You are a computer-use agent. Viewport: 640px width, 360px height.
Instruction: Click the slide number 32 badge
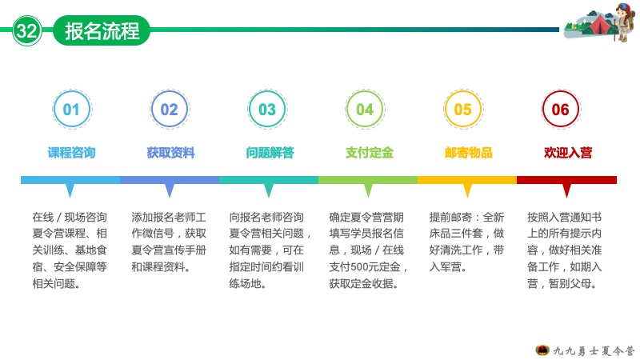[27, 30]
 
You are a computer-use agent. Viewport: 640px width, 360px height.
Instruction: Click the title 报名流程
[102, 30]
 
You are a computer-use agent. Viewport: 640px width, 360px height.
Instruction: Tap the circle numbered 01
[72, 110]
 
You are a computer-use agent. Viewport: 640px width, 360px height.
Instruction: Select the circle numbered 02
[170, 110]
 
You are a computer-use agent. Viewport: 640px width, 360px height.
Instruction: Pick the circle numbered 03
[267, 110]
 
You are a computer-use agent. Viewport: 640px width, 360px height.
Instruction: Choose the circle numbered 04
[365, 110]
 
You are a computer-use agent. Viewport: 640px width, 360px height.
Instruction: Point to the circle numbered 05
[463, 110]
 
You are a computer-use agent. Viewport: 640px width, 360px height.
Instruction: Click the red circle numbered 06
[561, 110]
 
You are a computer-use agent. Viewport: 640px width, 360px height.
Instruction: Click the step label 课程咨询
[72, 153]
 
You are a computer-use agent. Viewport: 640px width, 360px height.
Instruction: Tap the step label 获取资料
[171, 153]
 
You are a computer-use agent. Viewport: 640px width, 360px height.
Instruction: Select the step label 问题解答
[270, 153]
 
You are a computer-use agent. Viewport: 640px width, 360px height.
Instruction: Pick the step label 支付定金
[370, 153]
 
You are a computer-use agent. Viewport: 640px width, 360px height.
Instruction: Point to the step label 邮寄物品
[469, 153]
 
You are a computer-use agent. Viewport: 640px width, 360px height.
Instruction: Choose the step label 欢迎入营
[568, 153]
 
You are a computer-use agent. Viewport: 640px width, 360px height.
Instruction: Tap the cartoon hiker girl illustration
[624, 22]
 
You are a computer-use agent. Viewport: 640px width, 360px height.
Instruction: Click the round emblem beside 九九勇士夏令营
[542, 350]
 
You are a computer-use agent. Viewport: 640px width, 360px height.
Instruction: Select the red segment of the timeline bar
[566, 180]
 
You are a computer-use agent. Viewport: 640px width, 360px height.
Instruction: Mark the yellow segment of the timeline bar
[467, 180]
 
